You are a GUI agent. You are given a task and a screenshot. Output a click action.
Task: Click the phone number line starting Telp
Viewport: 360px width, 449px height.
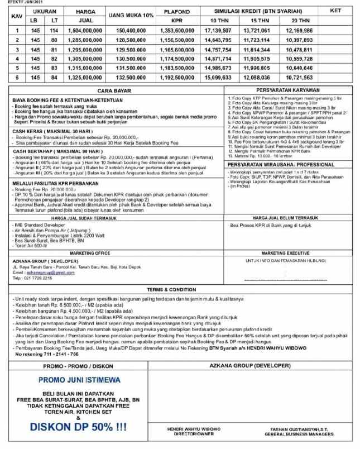pos(27,277)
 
